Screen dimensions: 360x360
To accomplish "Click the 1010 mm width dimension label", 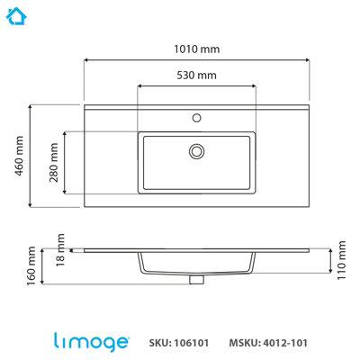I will point(196,49).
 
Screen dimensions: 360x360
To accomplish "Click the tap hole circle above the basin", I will point(196,118).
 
